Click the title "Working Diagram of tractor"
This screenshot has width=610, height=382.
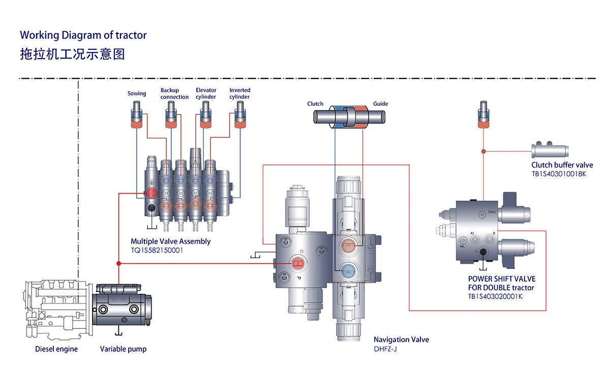pyautogui.click(x=83, y=35)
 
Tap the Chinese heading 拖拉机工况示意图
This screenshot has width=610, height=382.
pyautogui.click(x=72, y=54)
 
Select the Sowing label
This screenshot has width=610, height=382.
pyautogui.click(x=137, y=94)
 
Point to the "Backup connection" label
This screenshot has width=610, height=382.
pyautogui.click(x=174, y=94)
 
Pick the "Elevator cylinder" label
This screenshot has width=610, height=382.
pyautogui.click(x=206, y=94)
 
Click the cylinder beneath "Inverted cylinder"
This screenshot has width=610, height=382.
pyautogui.click(x=239, y=116)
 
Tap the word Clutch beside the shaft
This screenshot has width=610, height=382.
pyautogui.click(x=315, y=104)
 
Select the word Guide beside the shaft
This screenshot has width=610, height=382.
pyautogui.click(x=380, y=104)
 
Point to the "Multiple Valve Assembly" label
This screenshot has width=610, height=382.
pyautogui.click(x=170, y=241)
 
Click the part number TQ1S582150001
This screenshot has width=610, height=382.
pyautogui.click(x=157, y=251)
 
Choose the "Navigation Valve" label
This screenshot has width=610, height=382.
pyautogui.click(x=401, y=340)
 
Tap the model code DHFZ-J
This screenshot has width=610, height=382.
pyautogui.click(x=385, y=349)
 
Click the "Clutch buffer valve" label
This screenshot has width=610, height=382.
pyautogui.click(x=562, y=165)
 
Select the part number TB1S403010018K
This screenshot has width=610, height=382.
pyautogui.click(x=559, y=174)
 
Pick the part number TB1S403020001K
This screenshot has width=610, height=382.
pyautogui.click(x=495, y=296)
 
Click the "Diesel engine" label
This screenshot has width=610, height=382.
pyautogui.click(x=56, y=349)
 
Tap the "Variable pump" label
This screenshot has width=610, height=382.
pyautogui.click(x=123, y=349)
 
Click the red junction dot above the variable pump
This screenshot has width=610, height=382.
pyautogui.click(x=118, y=263)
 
